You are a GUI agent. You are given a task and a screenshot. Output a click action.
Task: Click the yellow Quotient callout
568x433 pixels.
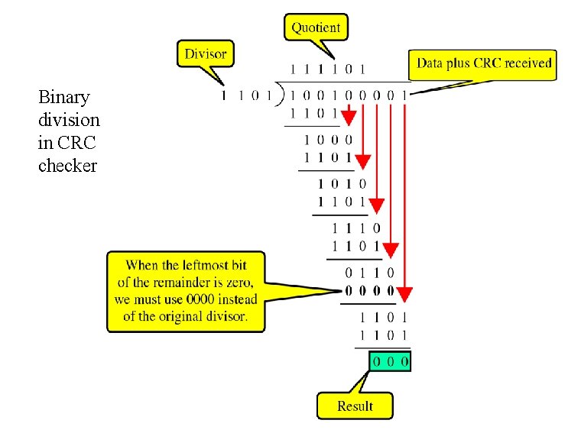(x=316, y=28)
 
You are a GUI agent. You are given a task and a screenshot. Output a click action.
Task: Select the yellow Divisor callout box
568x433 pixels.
(x=206, y=54)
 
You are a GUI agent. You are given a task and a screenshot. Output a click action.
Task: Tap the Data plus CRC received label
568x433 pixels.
(x=484, y=63)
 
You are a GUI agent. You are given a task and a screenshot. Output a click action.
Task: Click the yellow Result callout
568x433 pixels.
(x=354, y=406)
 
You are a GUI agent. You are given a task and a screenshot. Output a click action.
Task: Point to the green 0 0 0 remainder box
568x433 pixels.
(x=390, y=360)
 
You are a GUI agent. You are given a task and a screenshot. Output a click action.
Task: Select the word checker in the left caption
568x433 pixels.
(x=67, y=166)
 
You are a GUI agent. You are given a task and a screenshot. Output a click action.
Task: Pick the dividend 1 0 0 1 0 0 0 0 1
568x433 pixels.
(x=349, y=95)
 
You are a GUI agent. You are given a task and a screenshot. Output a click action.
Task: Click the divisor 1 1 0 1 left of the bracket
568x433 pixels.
(x=246, y=95)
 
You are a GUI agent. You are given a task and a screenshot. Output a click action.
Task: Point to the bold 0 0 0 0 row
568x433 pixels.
(x=369, y=290)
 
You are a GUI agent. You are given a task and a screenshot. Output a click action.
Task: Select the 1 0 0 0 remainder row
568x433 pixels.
(x=329, y=140)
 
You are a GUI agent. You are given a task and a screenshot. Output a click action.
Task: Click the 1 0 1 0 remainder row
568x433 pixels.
(x=342, y=184)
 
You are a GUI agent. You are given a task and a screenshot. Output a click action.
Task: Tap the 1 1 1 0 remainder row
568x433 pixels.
(x=356, y=228)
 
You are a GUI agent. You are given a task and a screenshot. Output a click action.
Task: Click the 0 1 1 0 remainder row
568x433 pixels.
(x=369, y=272)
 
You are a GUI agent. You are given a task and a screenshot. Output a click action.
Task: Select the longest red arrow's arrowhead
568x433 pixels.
(x=405, y=293)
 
